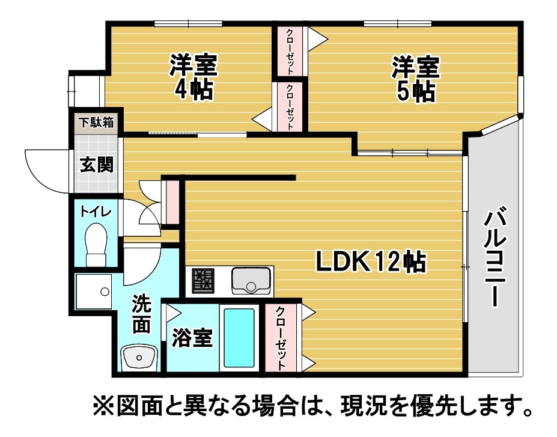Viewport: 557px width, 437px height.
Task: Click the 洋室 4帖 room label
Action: point(193,77)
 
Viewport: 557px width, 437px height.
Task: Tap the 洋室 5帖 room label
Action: point(415,79)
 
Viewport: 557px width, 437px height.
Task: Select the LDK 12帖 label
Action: point(371,261)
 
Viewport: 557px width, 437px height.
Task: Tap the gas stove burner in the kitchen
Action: point(203,280)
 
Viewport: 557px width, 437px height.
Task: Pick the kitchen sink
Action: point(251,281)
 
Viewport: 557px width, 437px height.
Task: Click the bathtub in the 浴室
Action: point(239,338)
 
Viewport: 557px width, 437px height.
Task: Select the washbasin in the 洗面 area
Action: point(139,358)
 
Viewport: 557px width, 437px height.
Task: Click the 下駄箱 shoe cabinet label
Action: point(96,123)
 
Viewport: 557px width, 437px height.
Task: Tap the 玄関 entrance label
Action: point(96,165)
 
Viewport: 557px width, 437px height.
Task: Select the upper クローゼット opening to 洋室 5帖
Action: point(290,51)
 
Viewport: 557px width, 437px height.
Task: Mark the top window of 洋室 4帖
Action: point(188,24)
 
